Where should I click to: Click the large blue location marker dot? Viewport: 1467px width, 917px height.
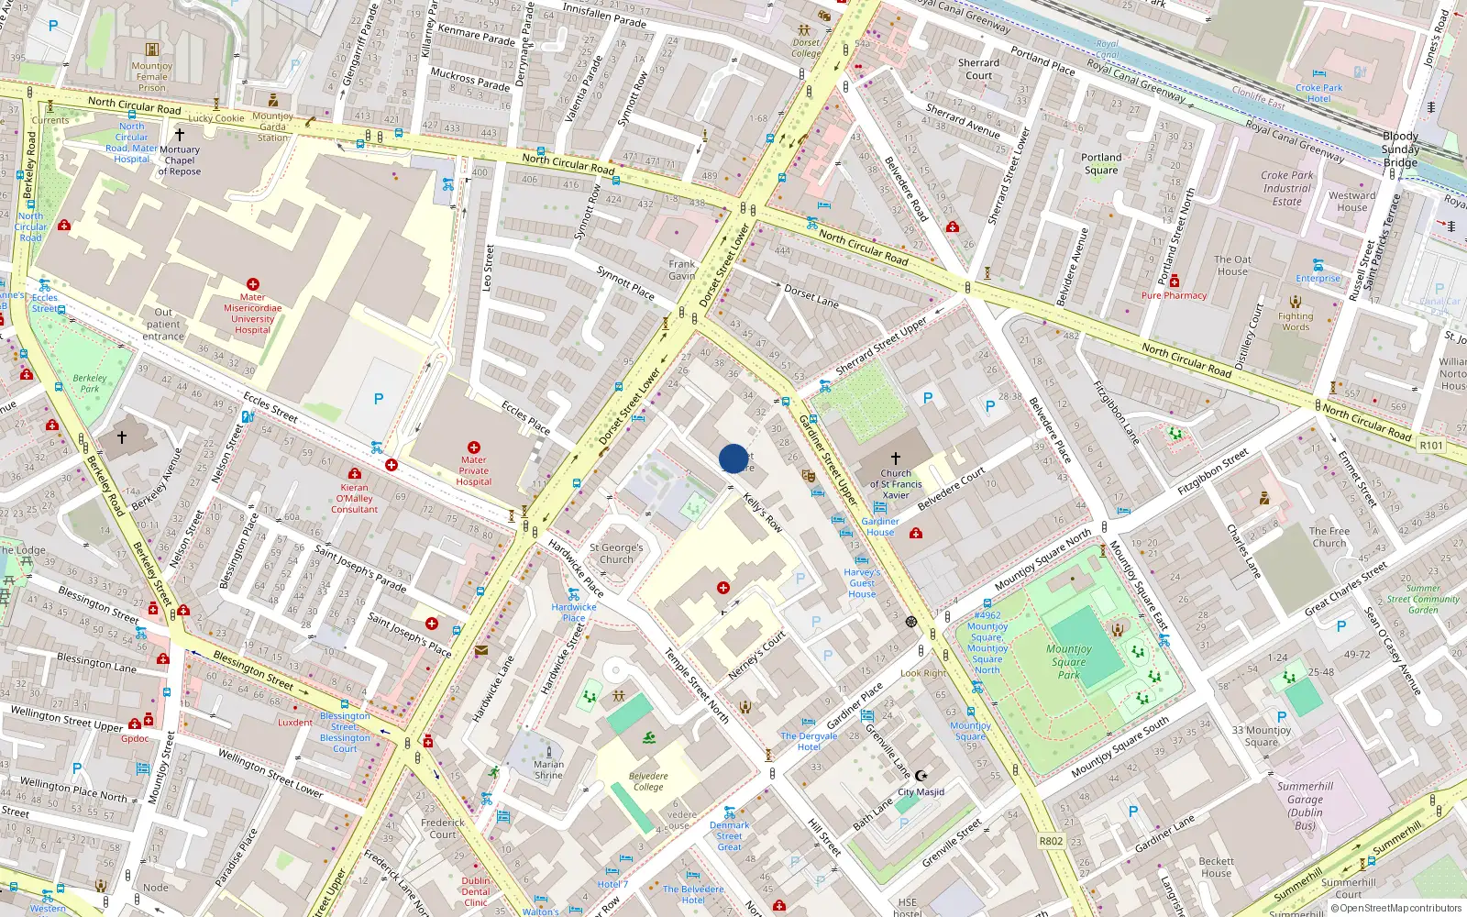733,458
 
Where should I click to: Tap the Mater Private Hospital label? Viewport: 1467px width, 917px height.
474,470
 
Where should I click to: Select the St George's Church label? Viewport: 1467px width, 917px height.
616,553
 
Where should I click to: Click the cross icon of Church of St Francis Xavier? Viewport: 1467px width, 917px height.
896,458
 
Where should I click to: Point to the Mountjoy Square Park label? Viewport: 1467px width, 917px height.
1069,661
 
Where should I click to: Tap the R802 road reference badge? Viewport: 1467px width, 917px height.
1051,841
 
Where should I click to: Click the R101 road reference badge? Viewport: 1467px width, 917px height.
1430,446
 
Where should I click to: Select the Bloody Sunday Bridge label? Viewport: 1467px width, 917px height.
1400,149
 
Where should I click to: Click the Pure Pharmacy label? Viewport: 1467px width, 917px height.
1174,295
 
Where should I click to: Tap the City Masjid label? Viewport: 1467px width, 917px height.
921,791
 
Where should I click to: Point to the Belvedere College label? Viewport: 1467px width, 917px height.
648,781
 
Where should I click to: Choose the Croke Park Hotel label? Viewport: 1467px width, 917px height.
1318,94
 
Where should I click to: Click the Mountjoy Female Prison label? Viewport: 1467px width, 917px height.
152,76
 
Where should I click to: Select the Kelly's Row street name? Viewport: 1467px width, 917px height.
763,513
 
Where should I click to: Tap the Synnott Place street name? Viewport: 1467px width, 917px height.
625,283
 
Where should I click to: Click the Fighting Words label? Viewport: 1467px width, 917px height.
1296,321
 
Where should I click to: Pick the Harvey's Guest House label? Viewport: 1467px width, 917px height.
862,582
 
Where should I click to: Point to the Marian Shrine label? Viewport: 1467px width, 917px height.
549,769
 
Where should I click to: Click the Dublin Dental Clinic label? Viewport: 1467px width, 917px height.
476,891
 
